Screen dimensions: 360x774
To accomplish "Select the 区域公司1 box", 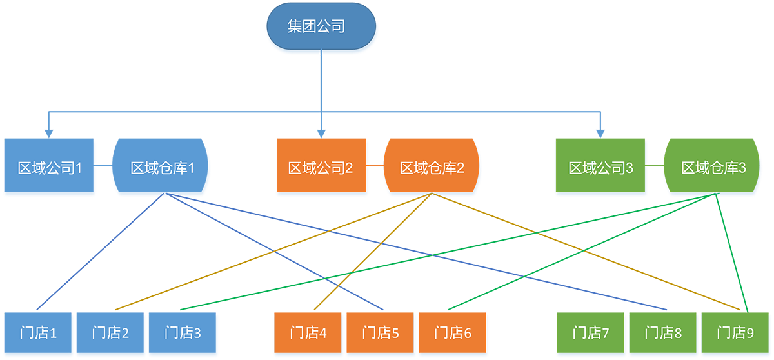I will tap(50, 168).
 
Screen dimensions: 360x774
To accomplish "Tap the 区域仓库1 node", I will tap(162, 168).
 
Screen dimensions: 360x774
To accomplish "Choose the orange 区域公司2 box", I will tap(321, 168).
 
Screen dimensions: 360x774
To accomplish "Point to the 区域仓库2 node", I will tap(432, 168).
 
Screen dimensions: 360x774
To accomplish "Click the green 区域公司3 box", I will tap(600, 168).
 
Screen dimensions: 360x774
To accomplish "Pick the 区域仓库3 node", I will tap(713, 168).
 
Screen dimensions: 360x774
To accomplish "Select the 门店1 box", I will tap(39, 334).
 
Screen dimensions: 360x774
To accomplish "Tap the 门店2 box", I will tap(111, 334).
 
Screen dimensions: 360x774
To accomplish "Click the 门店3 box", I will tap(183, 334).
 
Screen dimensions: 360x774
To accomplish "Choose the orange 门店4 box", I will tap(308, 334).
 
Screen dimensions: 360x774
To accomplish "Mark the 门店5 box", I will tap(381, 334).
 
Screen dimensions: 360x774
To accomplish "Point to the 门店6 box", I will tap(453, 334).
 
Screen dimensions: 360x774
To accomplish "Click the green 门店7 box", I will tap(591, 334).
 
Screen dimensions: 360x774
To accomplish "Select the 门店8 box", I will tap(663, 334).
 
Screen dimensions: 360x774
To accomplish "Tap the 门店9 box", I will tap(735, 334).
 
